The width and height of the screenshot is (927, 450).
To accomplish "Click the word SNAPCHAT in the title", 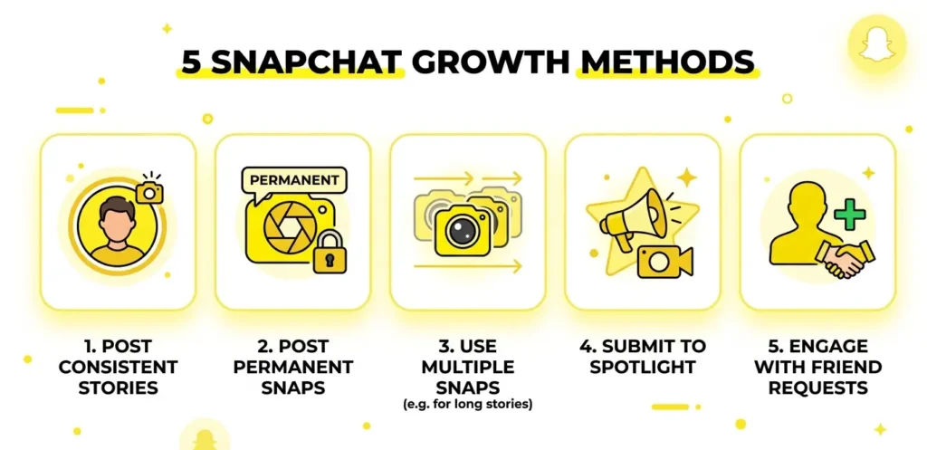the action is coord(306,62).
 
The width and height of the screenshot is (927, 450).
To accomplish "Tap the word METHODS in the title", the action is coord(667,62).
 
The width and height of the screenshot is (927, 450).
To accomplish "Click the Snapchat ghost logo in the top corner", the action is coord(876,43).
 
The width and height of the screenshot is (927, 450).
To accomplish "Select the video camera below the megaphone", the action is coord(664,262).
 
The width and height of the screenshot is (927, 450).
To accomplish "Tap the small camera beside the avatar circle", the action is coord(149,190).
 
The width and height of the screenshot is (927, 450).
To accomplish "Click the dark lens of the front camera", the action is coord(463,231).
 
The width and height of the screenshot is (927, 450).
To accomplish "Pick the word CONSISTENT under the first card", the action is coord(119,367).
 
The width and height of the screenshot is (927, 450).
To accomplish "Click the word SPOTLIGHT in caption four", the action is coord(642,367).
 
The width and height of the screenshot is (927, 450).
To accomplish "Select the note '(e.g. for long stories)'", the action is coord(468,406).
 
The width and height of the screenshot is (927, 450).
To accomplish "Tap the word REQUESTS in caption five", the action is coord(818,388).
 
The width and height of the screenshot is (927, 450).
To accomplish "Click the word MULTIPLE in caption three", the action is coord(468,367).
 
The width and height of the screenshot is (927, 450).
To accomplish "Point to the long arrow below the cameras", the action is coord(468,267).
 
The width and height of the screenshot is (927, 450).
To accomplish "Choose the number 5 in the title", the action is coord(192,62).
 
